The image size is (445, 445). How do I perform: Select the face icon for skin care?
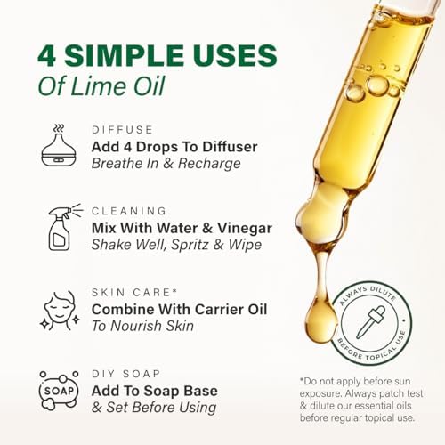pyautogui.click(x=61, y=311)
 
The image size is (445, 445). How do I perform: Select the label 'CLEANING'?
pyautogui.click(x=129, y=211)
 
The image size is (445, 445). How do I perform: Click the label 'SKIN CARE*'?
pyautogui.click(x=134, y=292)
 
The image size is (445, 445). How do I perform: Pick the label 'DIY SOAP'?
pyautogui.click(x=131, y=374)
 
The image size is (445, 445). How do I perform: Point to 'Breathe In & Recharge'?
pyautogui.click(x=166, y=163)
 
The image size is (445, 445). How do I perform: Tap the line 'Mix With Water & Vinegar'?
pyautogui.click(x=182, y=228)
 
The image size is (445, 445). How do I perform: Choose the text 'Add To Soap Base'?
pyautogui.click(x=155, y=391)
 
